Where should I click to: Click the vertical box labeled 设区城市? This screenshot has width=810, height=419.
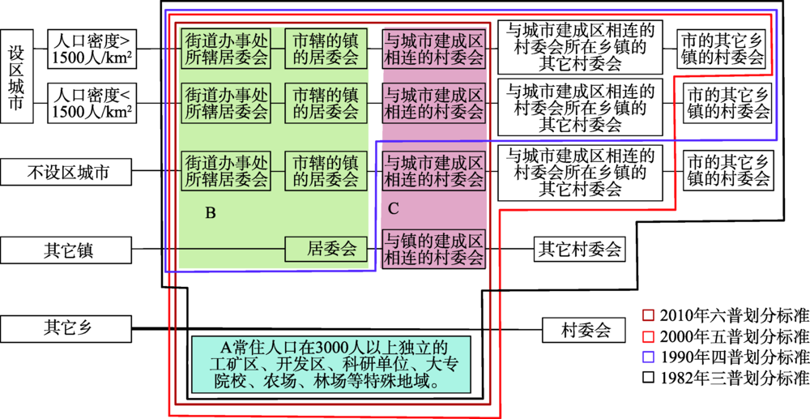[x=17, y=77]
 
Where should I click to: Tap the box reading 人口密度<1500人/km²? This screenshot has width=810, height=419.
[x=92, y=103]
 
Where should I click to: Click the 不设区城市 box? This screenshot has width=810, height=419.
[x=67, y=172]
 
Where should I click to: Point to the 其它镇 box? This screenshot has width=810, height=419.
[x=67, y=250]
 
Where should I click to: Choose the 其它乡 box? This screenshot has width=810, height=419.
[x=67, y=330]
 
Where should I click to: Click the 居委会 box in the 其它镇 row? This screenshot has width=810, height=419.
[x=322, y=250]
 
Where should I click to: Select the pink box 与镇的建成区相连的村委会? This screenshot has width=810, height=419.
[x=433, y=250]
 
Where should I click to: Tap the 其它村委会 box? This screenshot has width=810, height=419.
[x=579, y=250]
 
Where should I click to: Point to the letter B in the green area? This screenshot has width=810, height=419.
[x=210, y=213]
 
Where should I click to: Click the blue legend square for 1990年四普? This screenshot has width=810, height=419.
[x=648, y=357]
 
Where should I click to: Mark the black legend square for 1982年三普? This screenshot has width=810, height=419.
[x=648, y=378]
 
